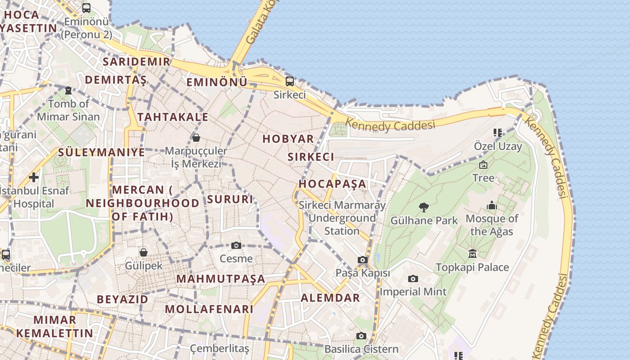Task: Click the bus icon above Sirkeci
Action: tap(290, 81)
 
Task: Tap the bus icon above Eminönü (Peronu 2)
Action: tap(86, 8)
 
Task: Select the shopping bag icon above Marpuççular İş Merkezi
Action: tap(196, 137)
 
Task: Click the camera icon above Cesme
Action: tap(236, 245)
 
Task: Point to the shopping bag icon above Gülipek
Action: tap(144, 252)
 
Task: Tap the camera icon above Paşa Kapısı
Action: tap(363, 260)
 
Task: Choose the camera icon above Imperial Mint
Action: tap(413, 279)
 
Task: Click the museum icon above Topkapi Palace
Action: tap(472, 254)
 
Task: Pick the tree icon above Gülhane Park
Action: tap(423, 207)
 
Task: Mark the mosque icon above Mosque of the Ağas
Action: tap(492, 205)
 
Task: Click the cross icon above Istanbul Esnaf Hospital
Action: tap(34, 177)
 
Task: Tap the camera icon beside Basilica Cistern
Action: tap(361, 336)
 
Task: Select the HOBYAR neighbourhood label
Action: tap(288, 139)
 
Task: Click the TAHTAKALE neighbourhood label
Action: tap(173, 117)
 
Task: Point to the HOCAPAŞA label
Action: tap(333, 184)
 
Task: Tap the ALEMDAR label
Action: tap(330, 297)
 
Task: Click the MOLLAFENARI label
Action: tap(209, 309)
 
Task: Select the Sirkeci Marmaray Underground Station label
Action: tap(342, 218)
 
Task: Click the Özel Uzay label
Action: tap(498, 146)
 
